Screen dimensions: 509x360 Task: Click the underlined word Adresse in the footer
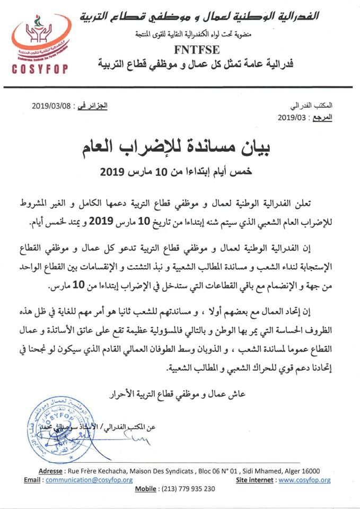tap(53, 471)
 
